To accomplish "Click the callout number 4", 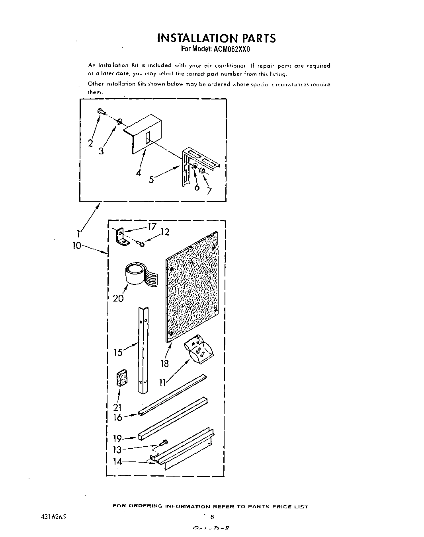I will [138, 173].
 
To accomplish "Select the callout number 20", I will [118, 298].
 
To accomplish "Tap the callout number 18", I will [164, 363].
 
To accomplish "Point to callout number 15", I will [118, 352].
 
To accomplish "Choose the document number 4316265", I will [50, 517].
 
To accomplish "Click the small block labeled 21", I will [121, 378].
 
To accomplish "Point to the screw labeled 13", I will [163, 442].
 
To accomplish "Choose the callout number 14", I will [117, 462].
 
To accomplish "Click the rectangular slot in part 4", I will [148, 138].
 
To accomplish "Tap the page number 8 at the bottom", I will [212, 518].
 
